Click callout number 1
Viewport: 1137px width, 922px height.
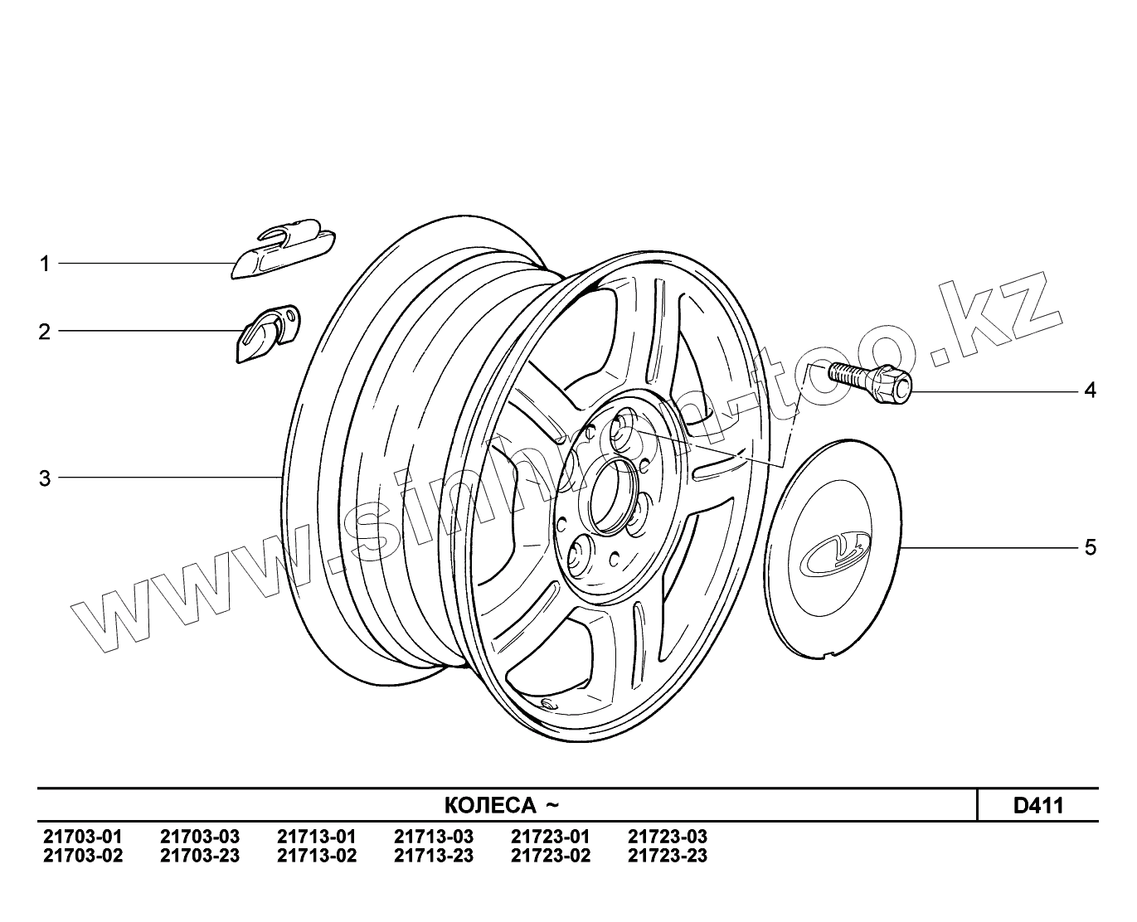click(x=45, y=264)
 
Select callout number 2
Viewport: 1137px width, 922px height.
click(x=44, y=332)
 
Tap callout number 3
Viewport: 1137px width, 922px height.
click(x=45, y=478)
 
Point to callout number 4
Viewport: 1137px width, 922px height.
click(x=1090, y=391)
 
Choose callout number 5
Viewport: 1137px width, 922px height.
click(x=1091, y=548)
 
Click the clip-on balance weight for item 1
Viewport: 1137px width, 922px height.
click(x=284, y=249)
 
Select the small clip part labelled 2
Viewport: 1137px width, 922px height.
click(x=268, y=334)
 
